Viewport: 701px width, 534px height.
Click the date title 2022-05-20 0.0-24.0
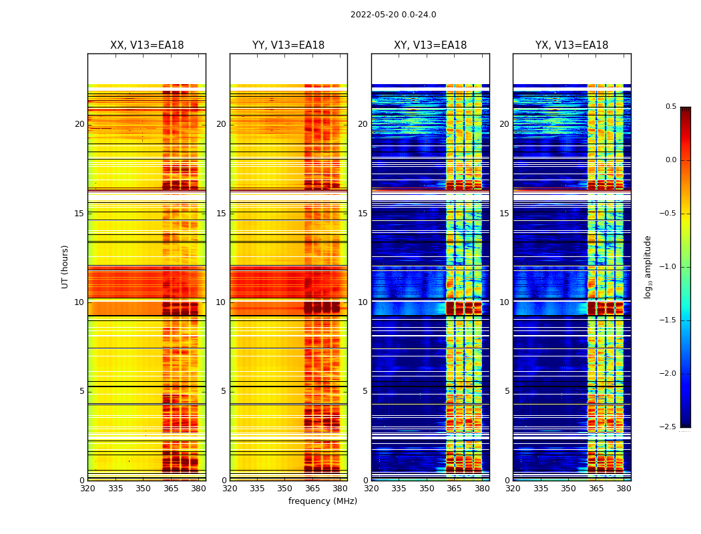(393, 15)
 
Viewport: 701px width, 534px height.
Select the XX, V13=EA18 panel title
(147, 45)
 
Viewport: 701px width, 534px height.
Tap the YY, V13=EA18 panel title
(288, 45)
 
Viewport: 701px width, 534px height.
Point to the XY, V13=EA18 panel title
(430, 45)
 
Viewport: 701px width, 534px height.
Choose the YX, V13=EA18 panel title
(571, 45)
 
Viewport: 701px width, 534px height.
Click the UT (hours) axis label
(65, 266)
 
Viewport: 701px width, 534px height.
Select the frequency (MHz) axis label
(322, 501)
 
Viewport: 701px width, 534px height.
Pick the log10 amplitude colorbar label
(648, 266)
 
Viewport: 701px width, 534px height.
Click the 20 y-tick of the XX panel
(79, 124)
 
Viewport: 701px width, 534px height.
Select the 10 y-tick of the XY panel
(363, 302)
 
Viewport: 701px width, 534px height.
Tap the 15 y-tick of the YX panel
(504, 214)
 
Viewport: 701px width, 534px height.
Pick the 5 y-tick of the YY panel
(224, 391)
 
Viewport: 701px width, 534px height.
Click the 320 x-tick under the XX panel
(87, 489)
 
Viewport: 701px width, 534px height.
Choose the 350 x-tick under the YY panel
(285, 489)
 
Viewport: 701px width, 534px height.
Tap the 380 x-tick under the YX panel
(624, 489)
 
